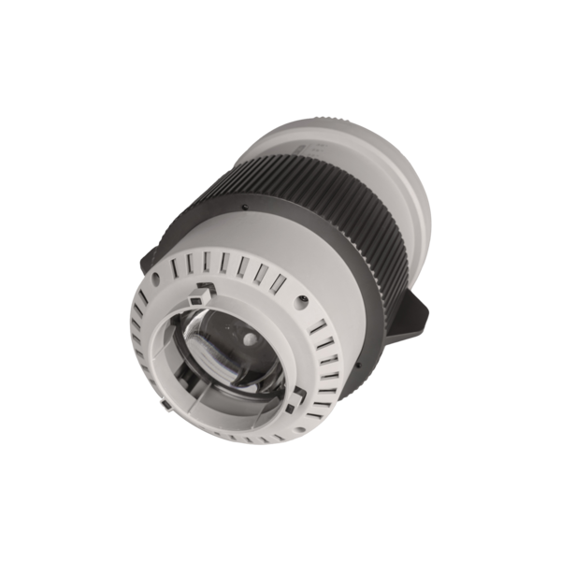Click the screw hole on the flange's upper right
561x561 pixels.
[306, 301]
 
